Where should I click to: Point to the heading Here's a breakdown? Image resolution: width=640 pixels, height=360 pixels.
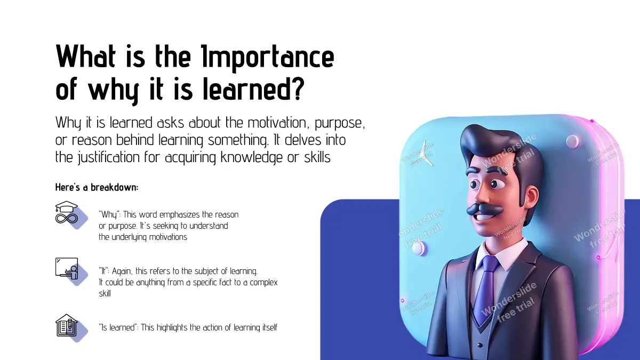tap(97, 187)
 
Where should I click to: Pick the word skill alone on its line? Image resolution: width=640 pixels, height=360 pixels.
tap(105, 293)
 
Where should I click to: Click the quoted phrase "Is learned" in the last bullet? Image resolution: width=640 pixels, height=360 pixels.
tap(118, 327)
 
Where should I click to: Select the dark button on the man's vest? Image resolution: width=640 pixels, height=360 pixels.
tap(479, 345)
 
